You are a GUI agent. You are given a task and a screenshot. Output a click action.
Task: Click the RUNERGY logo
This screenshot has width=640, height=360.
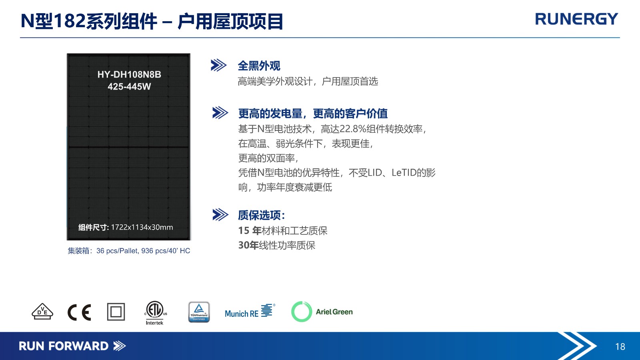tap(576, 19)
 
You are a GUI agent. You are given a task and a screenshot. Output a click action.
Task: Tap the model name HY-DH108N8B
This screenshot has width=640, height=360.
tap(129, 74)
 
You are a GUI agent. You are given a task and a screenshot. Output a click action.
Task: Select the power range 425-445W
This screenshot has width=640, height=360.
tap(129, 86)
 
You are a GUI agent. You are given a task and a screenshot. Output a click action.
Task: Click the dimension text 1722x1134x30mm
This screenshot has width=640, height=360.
tap(142, 228)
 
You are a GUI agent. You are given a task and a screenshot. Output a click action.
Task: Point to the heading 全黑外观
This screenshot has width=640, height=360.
tap(259, 66)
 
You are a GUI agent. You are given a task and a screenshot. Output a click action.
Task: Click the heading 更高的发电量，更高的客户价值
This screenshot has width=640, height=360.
tap(313, 114)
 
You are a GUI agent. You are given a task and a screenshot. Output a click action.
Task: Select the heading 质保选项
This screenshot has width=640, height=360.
tap(262, 216)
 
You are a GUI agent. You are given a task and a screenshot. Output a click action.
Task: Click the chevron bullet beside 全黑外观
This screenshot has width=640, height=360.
tap(218, 66)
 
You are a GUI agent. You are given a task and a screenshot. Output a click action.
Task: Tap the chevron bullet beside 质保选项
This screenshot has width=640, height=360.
tap(220, 215)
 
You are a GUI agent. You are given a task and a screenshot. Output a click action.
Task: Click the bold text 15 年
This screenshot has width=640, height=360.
tap(250, 230)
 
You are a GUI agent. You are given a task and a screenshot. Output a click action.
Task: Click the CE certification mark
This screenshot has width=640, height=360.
tap(79, 312)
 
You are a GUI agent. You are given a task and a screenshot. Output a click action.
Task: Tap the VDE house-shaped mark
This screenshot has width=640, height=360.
tap(42, 312)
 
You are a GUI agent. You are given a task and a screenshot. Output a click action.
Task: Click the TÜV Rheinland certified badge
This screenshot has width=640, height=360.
tap(199, 312)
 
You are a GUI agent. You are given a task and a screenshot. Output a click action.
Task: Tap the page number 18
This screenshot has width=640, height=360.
tap(620, 346)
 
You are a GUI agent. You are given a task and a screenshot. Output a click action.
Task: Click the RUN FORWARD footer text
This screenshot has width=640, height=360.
tap(64, 346)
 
